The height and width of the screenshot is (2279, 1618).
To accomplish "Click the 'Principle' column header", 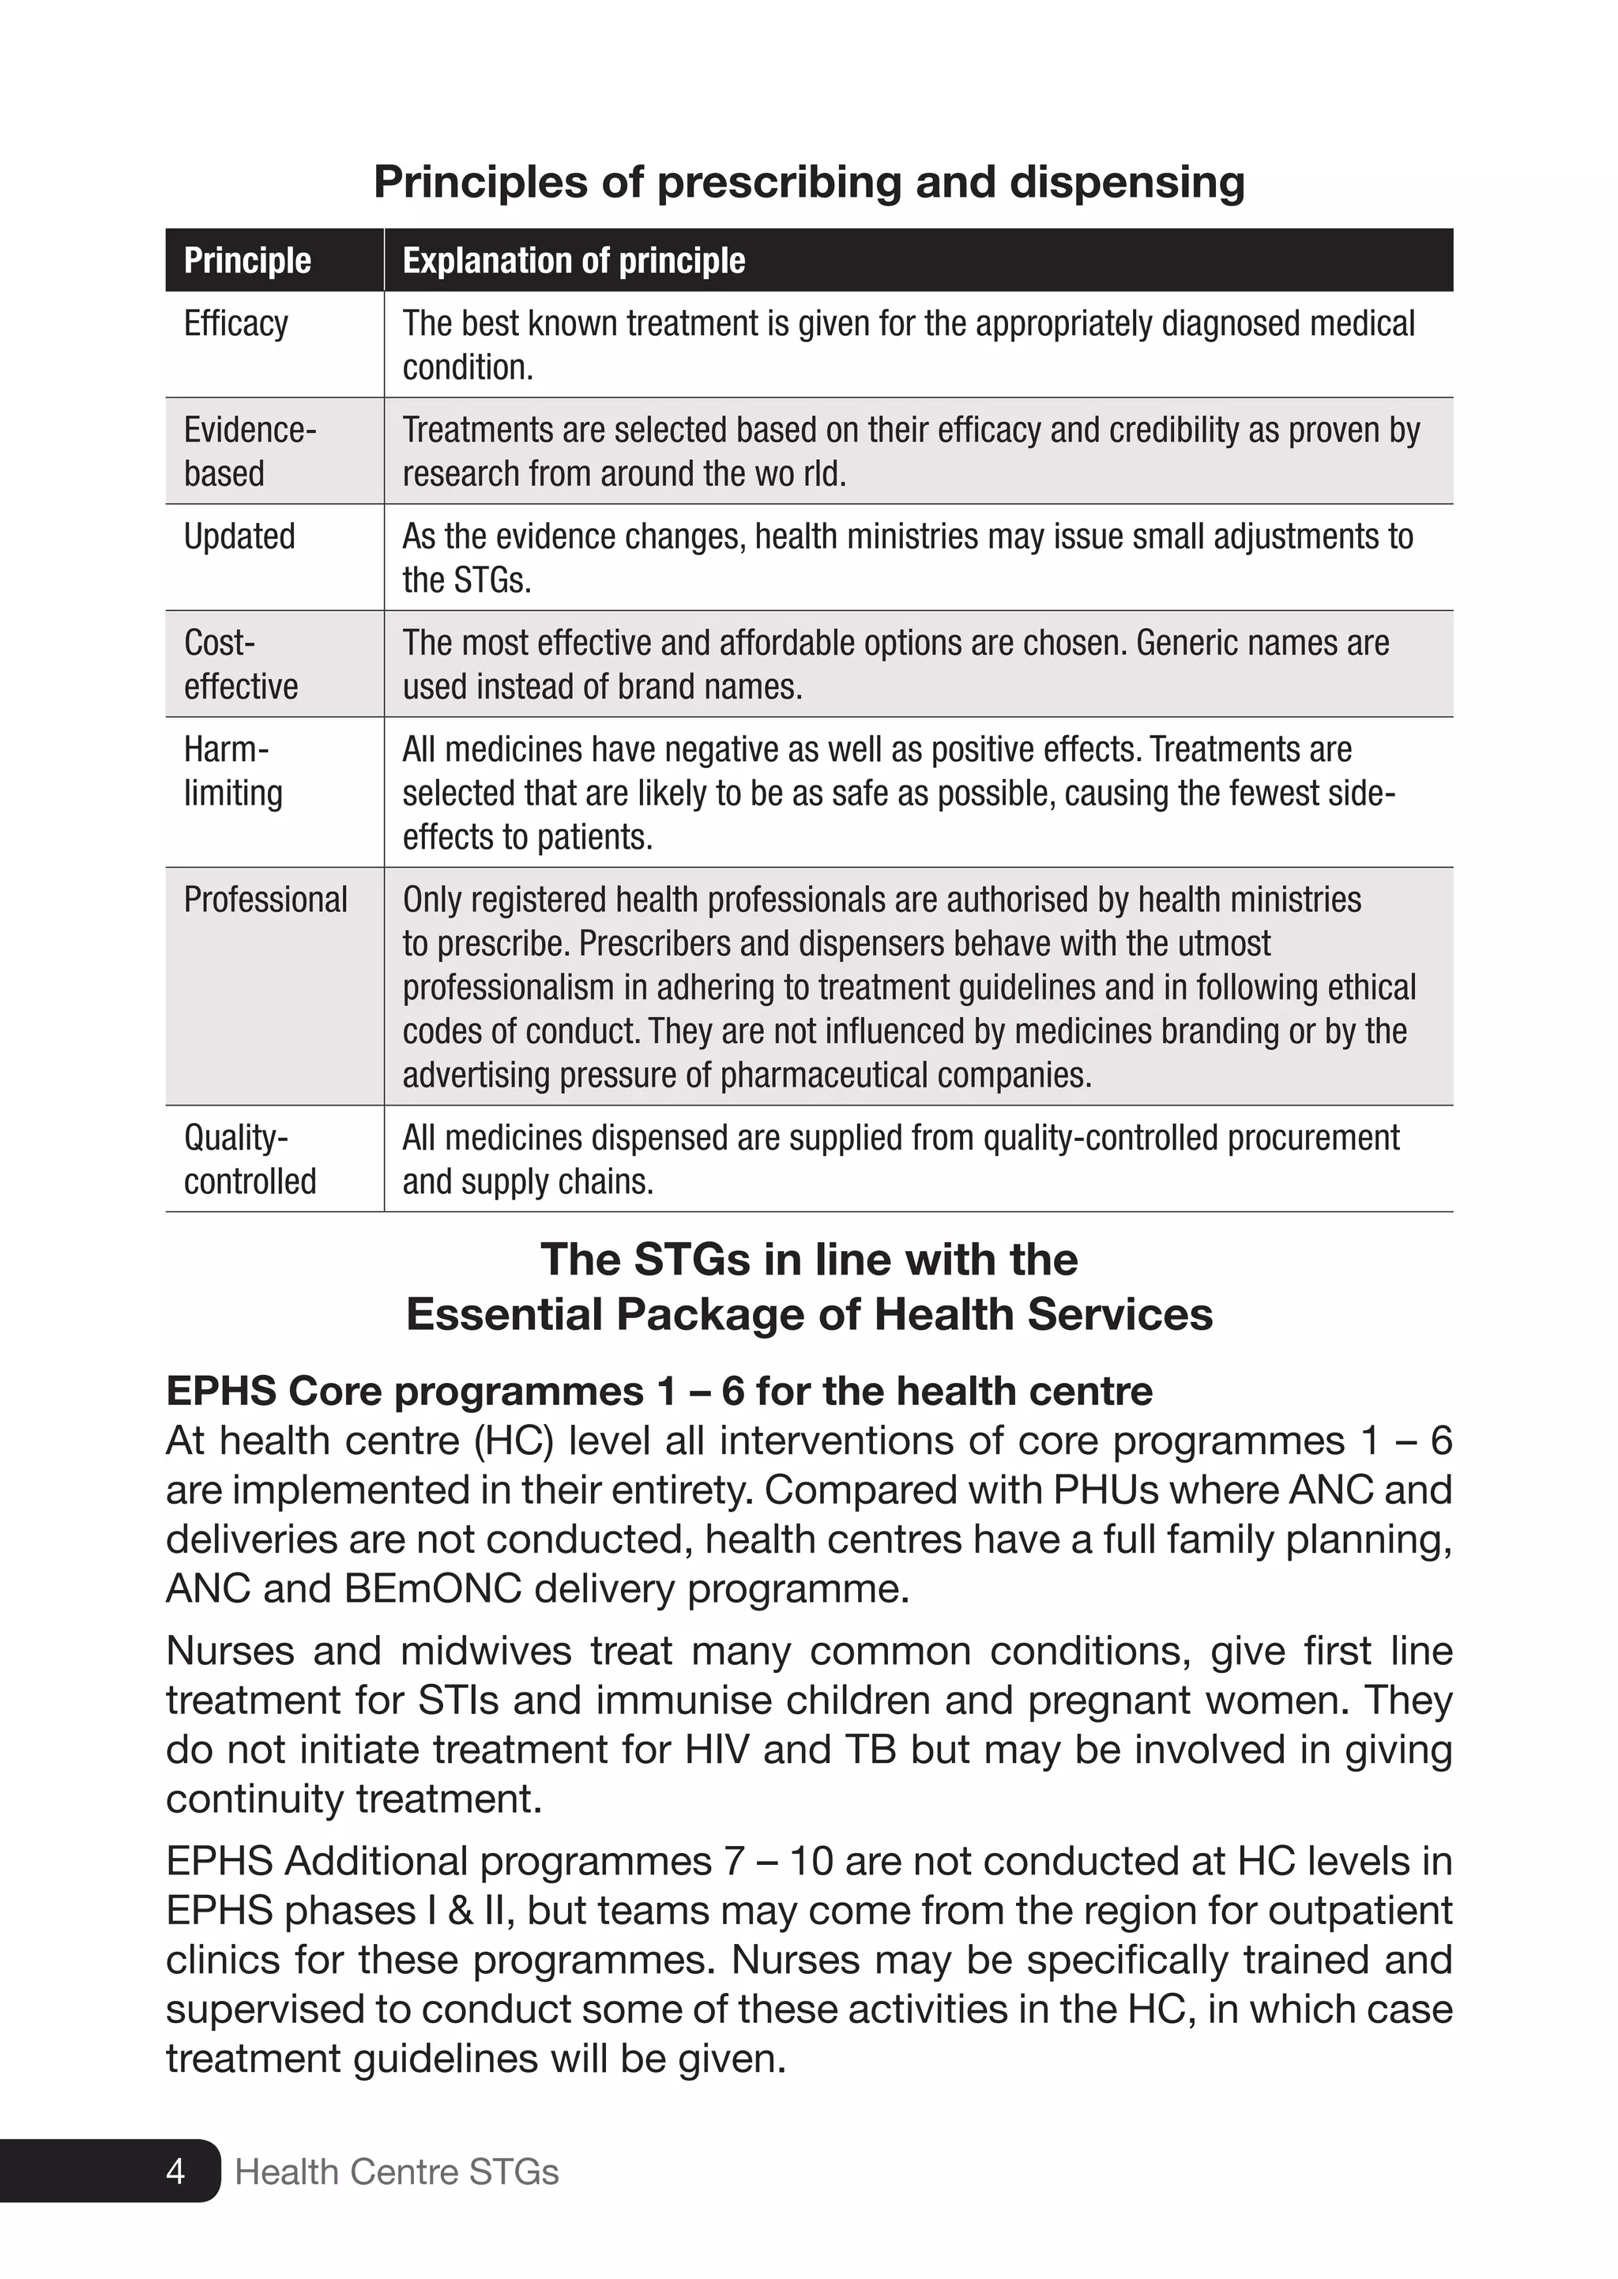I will [247, 261].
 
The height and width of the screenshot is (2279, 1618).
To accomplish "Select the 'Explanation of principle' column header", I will [573, 261].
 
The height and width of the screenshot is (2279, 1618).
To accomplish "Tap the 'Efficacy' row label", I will [236, 324].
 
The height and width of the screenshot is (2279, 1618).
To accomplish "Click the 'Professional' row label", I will [265, 900].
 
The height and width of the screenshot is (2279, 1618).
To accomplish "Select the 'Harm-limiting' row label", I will [233, 771].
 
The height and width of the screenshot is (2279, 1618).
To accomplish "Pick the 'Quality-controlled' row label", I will [249, 1160].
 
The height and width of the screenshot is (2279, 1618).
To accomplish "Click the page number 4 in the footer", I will [175, 2171].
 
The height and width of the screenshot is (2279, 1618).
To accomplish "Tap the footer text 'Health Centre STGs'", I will [397, 2171].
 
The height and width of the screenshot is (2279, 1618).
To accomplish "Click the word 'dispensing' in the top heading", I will [1127, 183].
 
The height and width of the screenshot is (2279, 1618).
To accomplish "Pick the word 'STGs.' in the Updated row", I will [495, 581].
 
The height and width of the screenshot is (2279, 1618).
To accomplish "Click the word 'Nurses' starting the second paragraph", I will [230, 1652].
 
